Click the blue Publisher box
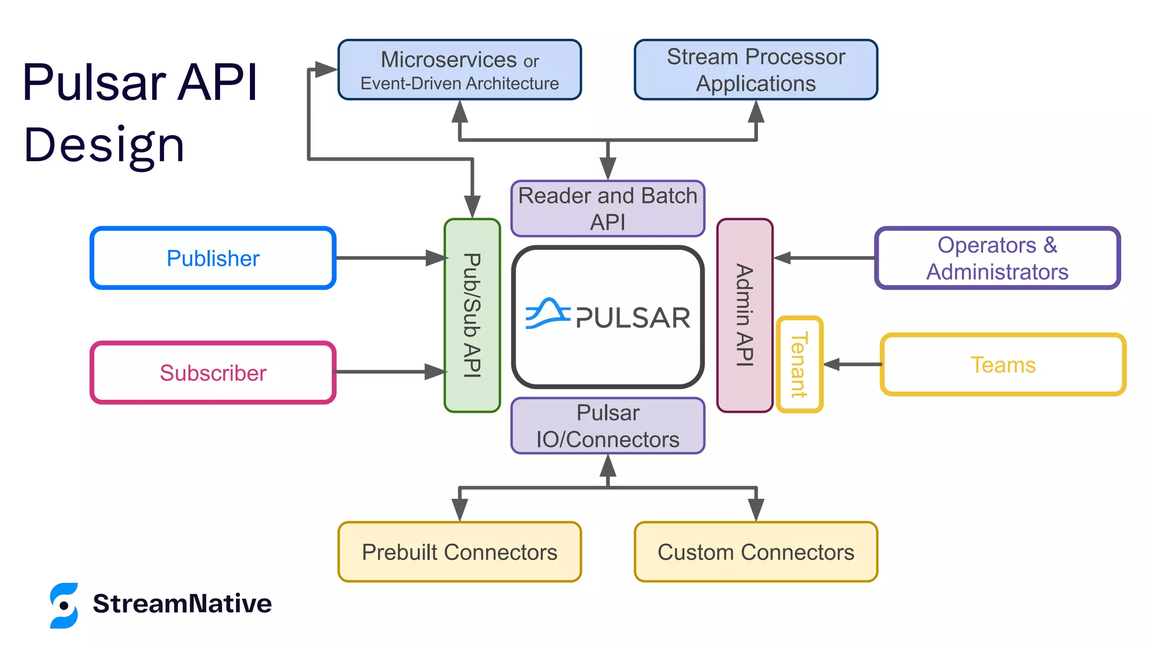[213, 258]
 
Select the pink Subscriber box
[213, 373]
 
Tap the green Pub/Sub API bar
[472, 315]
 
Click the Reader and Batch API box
[608, 209]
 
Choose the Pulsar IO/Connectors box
[608, 426]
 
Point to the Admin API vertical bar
[745, 315]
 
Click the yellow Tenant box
[800, 364]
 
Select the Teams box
[1003, 364]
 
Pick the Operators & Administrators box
[997, 258]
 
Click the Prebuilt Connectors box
[459, 552]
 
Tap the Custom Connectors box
[756, 552]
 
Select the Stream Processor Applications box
[756, 70]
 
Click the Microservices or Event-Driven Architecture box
[459, 70]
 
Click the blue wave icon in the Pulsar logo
[547, 313]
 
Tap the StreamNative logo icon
[64, 605]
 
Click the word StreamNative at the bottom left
[182, 604]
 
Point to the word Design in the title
[104, 145]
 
